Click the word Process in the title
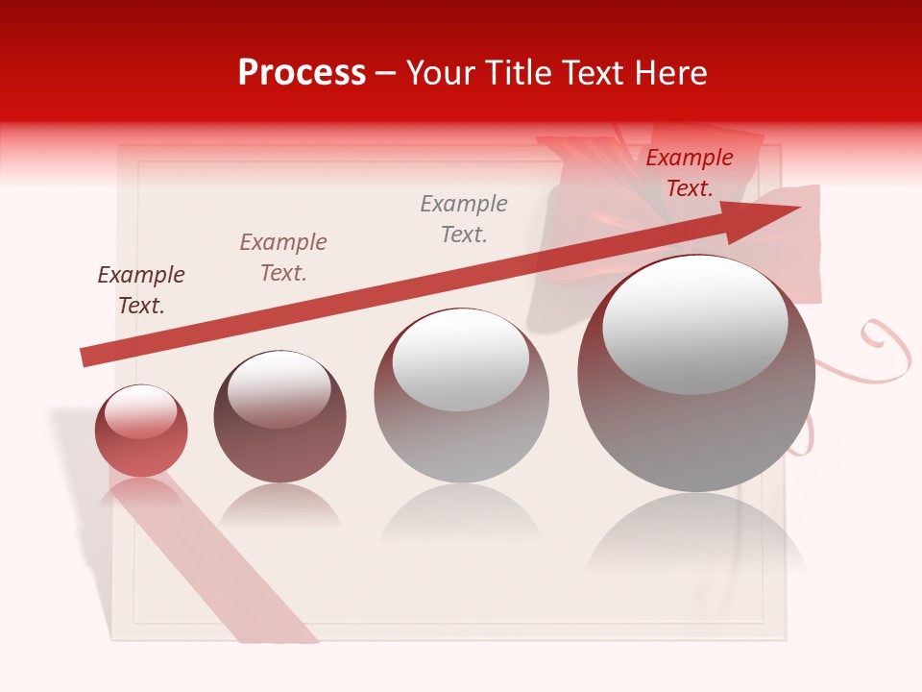[x=302, y=73]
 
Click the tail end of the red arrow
[x=85, y=358]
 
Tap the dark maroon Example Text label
[x=141, y=290]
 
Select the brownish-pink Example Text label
[x=283, y=258]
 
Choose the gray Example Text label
[x=464, y=219]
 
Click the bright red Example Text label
[x=690, y=173]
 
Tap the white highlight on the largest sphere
[x=694, y=325]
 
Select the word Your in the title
[x=440, y=73]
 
